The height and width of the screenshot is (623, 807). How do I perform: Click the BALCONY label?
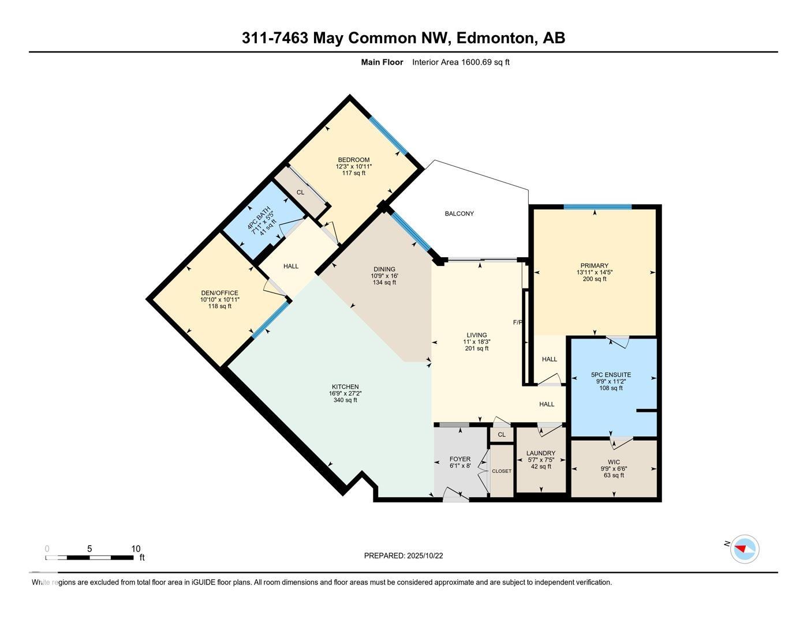[x=459, y=213]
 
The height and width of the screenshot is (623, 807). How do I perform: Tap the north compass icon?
[x=744, y=549]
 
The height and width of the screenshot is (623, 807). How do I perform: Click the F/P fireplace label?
[x=518, y=322]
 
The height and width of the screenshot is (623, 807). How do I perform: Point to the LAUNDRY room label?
[x=541, y=453]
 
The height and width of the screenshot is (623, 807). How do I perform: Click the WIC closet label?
[x=614, y=462]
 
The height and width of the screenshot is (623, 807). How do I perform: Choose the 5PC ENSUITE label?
[x=611, y=374]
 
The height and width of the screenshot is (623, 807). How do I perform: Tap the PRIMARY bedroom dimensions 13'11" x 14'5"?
[x=594, y=272]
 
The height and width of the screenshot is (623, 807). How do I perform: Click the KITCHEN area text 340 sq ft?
[x=345, y=400]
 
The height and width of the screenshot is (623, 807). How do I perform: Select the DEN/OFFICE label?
[x=219, y=293]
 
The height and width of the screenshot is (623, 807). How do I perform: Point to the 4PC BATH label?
[x=255, y=219]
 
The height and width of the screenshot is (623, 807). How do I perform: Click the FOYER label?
[x=460, y=459]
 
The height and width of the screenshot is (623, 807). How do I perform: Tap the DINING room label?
[x=384, y=269]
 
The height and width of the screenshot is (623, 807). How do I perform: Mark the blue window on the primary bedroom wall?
[x=597, y=207]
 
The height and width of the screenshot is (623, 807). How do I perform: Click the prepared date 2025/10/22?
[x=425, y=556]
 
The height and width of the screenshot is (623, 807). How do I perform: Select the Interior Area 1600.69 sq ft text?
[x=461, y=62]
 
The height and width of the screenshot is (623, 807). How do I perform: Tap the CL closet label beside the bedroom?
[x=300, y=192]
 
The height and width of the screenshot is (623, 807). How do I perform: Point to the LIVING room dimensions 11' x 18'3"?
[x=477, y=341]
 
